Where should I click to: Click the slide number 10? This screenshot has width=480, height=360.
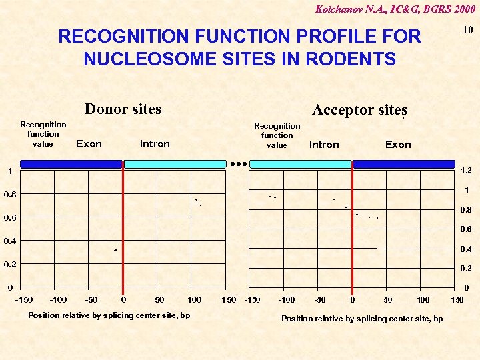467,30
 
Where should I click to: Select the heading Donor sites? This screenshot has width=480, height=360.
123,109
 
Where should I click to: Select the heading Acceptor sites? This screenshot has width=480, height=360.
359,110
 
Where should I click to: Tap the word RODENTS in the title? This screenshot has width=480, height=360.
349,59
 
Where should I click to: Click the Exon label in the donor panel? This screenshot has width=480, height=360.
89,144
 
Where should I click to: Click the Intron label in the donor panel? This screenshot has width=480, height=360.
155,144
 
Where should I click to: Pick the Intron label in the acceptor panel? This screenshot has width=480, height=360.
324,145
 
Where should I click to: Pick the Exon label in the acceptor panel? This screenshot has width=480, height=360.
398,145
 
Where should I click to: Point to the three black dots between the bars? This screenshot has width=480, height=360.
238,163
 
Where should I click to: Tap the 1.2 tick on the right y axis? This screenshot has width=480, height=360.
466,171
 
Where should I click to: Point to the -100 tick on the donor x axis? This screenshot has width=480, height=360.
59,300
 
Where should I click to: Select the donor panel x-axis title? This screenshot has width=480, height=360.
109,315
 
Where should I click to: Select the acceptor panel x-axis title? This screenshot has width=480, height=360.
361,319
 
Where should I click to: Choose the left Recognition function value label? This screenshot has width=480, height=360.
43,134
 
